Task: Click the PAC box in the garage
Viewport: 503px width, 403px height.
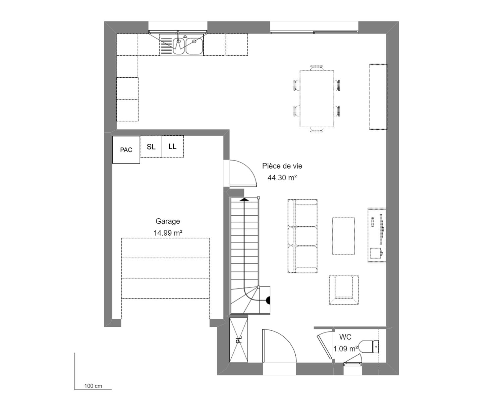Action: coord(126,150)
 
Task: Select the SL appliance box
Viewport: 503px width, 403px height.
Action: coord(151,146)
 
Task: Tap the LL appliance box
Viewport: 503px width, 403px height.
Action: coord(172,146)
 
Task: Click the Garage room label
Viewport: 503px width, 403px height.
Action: coord(168,221)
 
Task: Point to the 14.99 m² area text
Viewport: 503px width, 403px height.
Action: coord(168,233)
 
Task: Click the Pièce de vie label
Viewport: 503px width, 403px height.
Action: coord(282,166)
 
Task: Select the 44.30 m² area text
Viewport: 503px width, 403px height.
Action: coord(282,178)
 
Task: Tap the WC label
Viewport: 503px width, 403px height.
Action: coord(345,337)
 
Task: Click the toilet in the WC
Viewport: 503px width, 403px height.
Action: coord(369,347)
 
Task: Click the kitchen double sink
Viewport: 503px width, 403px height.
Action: coord(182,45)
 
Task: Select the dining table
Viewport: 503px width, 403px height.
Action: coord(317,99)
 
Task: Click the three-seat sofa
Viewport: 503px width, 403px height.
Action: coord(302,236)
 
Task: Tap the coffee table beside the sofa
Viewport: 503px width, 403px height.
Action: coord(343,236)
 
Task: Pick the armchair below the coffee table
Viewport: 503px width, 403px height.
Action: coord(344,290)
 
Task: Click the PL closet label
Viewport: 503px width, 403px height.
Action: coord(239,340)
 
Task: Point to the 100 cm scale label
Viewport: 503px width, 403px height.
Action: coord(93,386)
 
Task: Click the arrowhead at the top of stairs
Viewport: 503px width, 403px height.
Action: coord(244,199)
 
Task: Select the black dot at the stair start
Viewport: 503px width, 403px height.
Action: coord(269,300)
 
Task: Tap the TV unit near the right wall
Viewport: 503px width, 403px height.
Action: coord(377,235)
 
